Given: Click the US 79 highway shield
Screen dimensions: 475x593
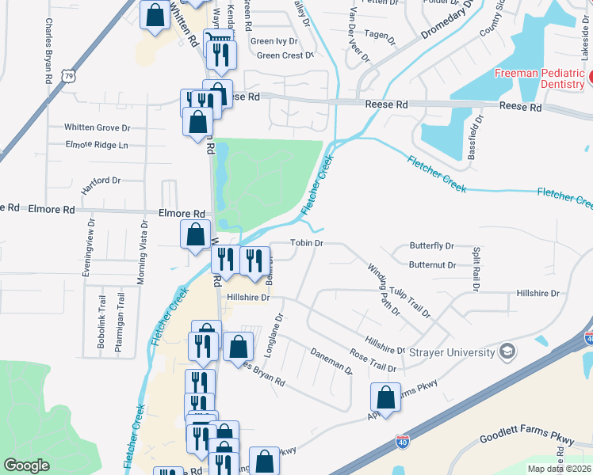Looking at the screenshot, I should tap(69, 77).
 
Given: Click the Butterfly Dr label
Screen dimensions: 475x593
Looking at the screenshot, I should tap(431, 247).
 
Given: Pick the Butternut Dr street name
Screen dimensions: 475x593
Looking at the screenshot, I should tap(433, 265).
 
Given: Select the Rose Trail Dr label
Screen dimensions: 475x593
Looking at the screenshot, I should tap(372, 361).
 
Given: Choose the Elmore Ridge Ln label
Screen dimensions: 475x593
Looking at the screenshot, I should tap(97, 146).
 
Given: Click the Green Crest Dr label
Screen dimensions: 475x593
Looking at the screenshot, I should tap(285, 55).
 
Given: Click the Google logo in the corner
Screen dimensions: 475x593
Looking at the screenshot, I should tap(26, 465).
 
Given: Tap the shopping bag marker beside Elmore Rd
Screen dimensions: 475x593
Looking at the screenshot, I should tap(195, 234).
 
